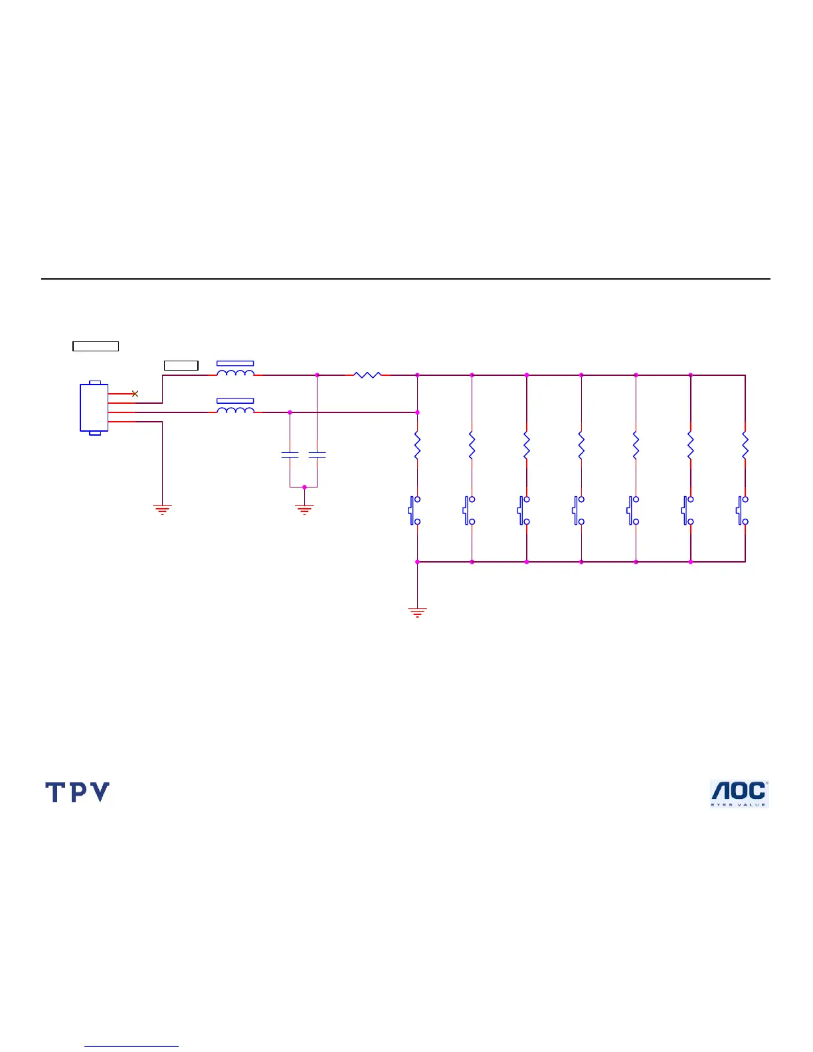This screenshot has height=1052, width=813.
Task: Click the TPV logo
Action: coord(77,792)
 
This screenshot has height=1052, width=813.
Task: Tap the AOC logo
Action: coord(739,794)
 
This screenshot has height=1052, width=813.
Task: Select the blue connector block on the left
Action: coord(94,407)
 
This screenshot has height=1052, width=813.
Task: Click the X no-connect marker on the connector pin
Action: coord(135,394)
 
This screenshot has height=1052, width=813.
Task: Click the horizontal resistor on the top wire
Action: coord(367,375)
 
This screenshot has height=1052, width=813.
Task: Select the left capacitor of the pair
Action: coord(290,455)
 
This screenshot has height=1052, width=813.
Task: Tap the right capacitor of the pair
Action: coord(317,455)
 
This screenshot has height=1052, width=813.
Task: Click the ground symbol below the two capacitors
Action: coord(304,509)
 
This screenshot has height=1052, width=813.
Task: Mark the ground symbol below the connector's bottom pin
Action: coord(162,509)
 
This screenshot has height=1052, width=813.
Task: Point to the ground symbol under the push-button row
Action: coord(417,612)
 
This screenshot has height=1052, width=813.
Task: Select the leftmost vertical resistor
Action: coord(417,446)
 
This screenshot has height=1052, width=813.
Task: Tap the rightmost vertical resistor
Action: coord(745,446)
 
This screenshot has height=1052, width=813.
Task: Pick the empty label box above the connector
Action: coord(96,346)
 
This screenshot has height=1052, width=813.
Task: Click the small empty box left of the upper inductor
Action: coord(181,365)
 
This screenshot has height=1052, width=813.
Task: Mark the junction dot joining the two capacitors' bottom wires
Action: coord(304,487)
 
